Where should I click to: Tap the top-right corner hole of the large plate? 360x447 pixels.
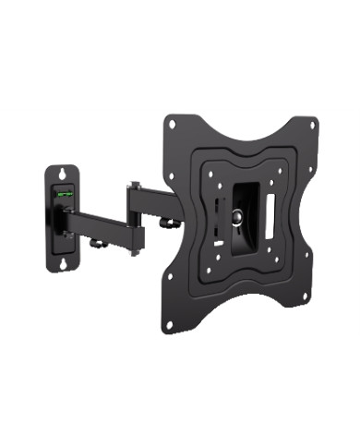312,124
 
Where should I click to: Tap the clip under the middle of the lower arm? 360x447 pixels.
96,243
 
